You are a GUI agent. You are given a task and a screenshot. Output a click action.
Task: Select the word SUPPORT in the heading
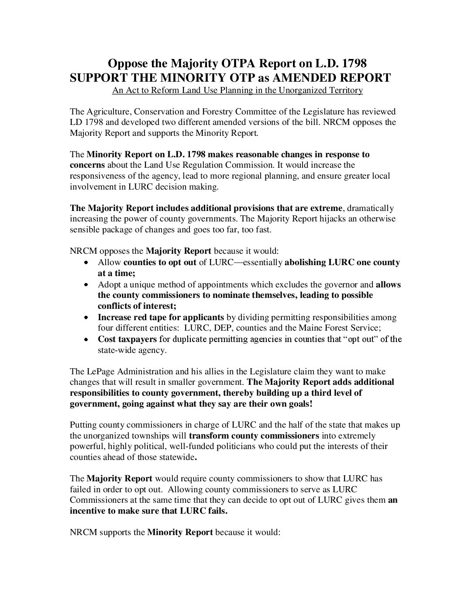(x=99, y=78)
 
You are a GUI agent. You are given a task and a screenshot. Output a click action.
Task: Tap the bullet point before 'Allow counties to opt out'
(x=86, y=263)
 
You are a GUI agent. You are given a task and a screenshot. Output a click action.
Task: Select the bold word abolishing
(x=305, y=263)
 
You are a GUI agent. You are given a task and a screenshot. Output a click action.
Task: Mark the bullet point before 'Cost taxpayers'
(x=86, y=339)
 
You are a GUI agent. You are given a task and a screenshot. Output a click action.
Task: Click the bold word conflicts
(x=114, y=306)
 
